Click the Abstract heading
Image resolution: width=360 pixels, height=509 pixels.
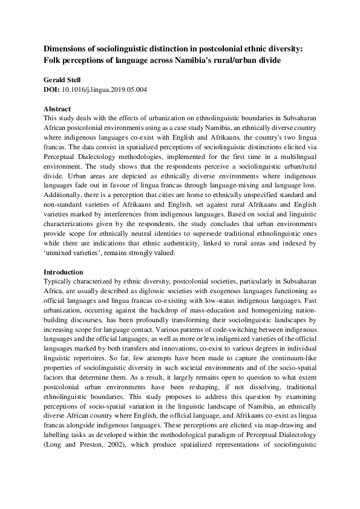click(x=59, y=109)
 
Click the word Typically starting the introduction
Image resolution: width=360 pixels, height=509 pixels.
click(x=59, y=282)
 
